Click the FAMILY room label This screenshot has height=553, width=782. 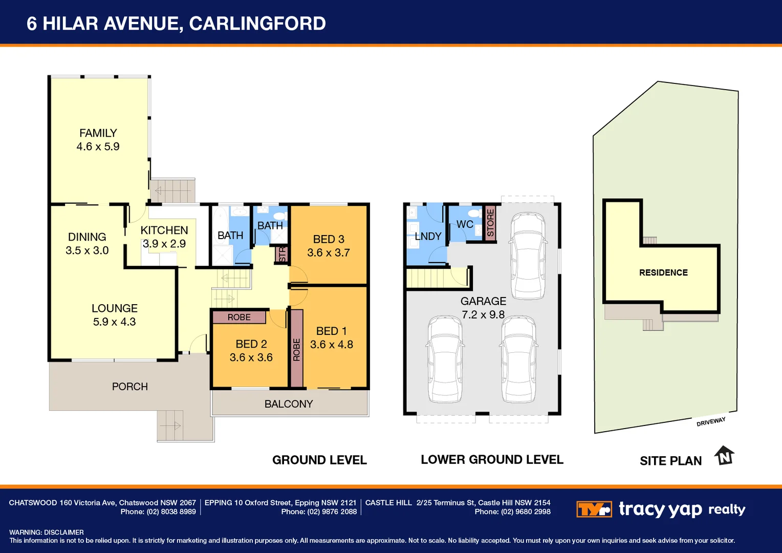point(98,133)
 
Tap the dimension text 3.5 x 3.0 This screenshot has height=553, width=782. point(87,250)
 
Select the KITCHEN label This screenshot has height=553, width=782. point(164,230)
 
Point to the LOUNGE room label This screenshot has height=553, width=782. point(114,308)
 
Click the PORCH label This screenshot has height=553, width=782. point(129,387)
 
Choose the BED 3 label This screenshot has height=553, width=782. point(329,239)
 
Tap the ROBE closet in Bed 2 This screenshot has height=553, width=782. point(239,317)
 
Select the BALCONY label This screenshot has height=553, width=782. point(289,404)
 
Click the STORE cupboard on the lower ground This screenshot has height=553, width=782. point(490,223)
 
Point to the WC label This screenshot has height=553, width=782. point(465,224)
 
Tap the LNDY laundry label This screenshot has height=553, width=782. point(428,236)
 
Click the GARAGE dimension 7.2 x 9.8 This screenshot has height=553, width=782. point(483,314)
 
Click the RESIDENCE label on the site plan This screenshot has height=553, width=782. point(663,272)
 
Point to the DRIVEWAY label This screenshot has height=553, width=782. point(711,421)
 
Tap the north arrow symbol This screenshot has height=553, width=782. point(725,455)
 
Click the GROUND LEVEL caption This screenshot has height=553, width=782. point(319,460)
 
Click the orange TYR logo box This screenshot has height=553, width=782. point(594,509)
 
